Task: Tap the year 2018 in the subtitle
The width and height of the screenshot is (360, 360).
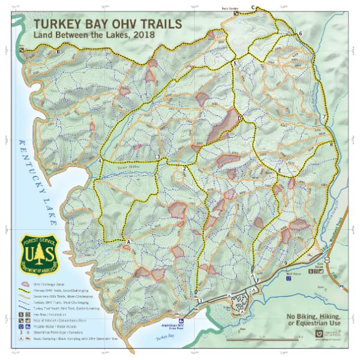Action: pyautogui.click(x=144, y=35)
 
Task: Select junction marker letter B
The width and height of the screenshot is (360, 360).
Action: pyautogui.click(x=58, y=53)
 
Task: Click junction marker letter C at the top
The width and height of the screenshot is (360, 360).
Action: pyautogui.click(x=253, y=7)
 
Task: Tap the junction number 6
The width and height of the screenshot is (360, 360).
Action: pyautogui.click(x=300, y=33)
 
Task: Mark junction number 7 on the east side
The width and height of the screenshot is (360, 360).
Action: pyautogui.click(x=324, y=116)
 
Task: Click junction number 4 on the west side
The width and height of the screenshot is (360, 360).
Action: pyautogui.click(x=99, y=161)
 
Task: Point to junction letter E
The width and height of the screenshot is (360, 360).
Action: pyautogui.click(x=280, y=172)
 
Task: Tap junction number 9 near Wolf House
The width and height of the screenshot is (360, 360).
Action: pyautogui.click(x=284, y=263)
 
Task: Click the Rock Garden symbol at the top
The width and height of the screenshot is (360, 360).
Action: pyautogui.click(x=236, y=13)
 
